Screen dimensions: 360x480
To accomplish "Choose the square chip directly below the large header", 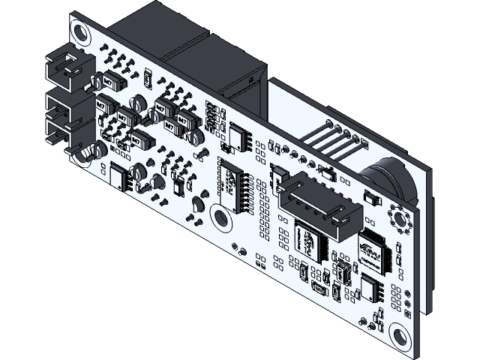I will pos(307,238).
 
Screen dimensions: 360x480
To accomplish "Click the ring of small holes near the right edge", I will pos(399,219).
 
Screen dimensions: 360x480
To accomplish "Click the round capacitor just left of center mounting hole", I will pos(198,203).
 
